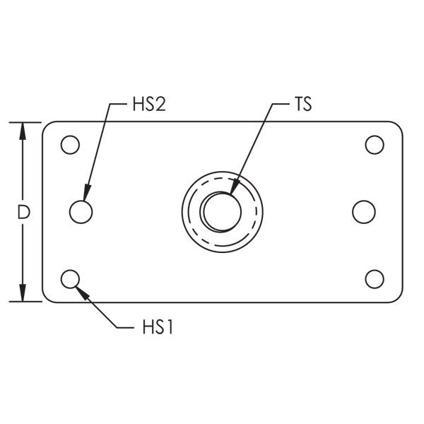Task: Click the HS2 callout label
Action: (x=148, y=106)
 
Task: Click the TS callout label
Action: (x=302, y=106)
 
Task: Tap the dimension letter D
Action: (x=23, y=212)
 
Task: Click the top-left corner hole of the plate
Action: (x=69, y=145)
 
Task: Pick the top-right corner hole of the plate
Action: (x=375, y=145)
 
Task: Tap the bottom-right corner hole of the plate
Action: (x=375, y=278)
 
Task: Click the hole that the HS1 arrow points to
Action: (x=69, y=278)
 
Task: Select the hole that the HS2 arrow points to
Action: (x=81, y=211)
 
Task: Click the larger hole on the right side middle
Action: (x=363, y=211)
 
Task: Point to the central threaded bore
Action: (x=221, y=211)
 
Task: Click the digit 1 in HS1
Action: (x=170, y=328)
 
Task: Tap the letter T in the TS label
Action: (x=297, y=106)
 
